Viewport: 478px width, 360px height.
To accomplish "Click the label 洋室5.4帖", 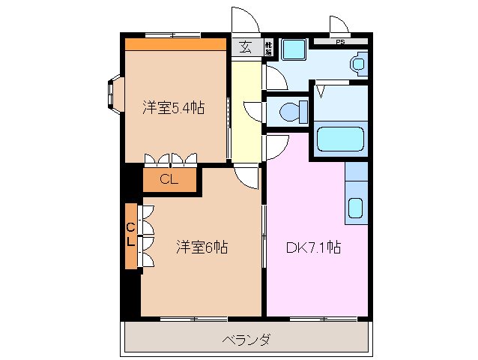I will [174, 107].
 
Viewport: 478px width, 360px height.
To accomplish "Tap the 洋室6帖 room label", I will [202, 246].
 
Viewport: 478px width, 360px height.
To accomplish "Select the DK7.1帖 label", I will [314, 246].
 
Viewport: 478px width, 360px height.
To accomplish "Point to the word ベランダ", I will [246, 340].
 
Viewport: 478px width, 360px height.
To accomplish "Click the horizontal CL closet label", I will [169, 179].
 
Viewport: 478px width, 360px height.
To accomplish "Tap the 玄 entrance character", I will [245, 47].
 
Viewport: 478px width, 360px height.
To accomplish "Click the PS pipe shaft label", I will [340, 42].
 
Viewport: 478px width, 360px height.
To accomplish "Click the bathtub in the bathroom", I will [342, 140].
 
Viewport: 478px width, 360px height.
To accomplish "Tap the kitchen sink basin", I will [356, 207].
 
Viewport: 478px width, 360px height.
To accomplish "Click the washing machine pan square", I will [293, 49].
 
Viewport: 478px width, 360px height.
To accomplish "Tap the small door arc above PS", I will [339, 25].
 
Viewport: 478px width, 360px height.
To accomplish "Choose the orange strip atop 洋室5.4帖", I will [175, 44].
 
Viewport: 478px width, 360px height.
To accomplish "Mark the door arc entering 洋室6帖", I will [246, 177].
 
